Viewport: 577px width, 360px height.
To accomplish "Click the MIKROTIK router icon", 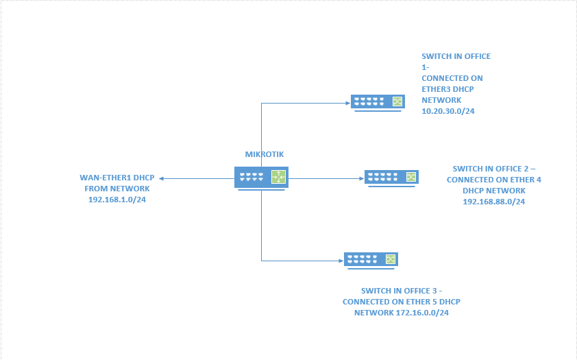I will (x=261, y=178).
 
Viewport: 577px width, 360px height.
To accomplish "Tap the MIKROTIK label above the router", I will (x=264, y=155).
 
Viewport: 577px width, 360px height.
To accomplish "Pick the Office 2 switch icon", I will (x=391, y=178).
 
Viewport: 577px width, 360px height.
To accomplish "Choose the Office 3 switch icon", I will (x=371, y=259).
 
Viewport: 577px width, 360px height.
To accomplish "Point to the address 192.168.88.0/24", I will (x=493, y=202).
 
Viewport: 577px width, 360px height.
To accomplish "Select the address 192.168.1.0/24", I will (x=116, y=200).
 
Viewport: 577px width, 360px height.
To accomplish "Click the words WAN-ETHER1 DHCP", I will (x=116, y=178).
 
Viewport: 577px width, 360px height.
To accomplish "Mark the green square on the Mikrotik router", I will (x=278, y=178).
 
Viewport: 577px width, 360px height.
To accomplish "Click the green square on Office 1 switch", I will (x=396, y=101).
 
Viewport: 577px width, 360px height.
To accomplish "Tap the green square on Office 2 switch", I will (x=410, y=178).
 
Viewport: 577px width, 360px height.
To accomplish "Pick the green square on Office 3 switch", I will (x=390, y=259).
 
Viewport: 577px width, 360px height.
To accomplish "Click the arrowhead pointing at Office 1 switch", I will (x=347, y=103).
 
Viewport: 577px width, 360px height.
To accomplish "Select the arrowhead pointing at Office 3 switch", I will (x=341, y=260).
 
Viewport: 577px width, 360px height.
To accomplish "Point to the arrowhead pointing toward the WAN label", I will (x=162, y=178).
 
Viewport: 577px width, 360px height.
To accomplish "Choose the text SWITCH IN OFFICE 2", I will (x=491, y=168).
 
